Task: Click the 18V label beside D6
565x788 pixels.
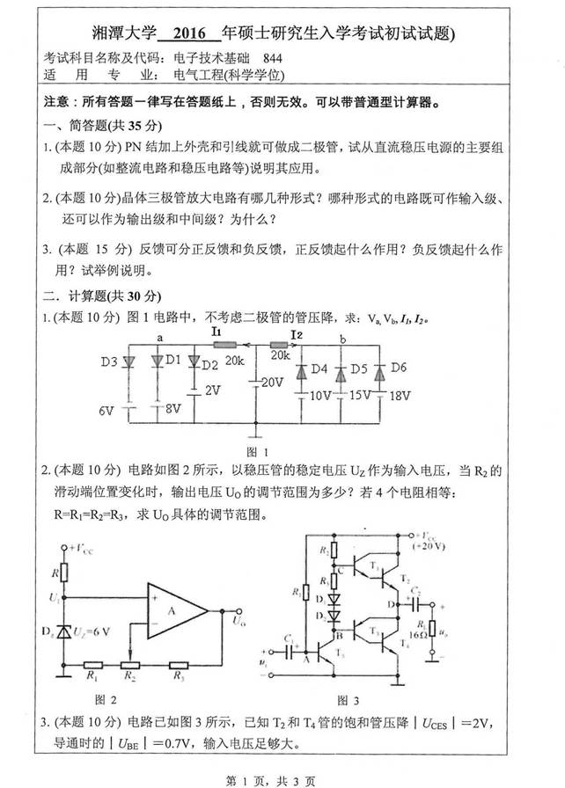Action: click(x=400, y=396)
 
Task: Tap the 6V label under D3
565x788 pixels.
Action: click(x=106, y=410)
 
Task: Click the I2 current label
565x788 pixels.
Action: click(x=297, y=334)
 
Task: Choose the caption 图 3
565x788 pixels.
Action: click(x=349, y=701)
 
